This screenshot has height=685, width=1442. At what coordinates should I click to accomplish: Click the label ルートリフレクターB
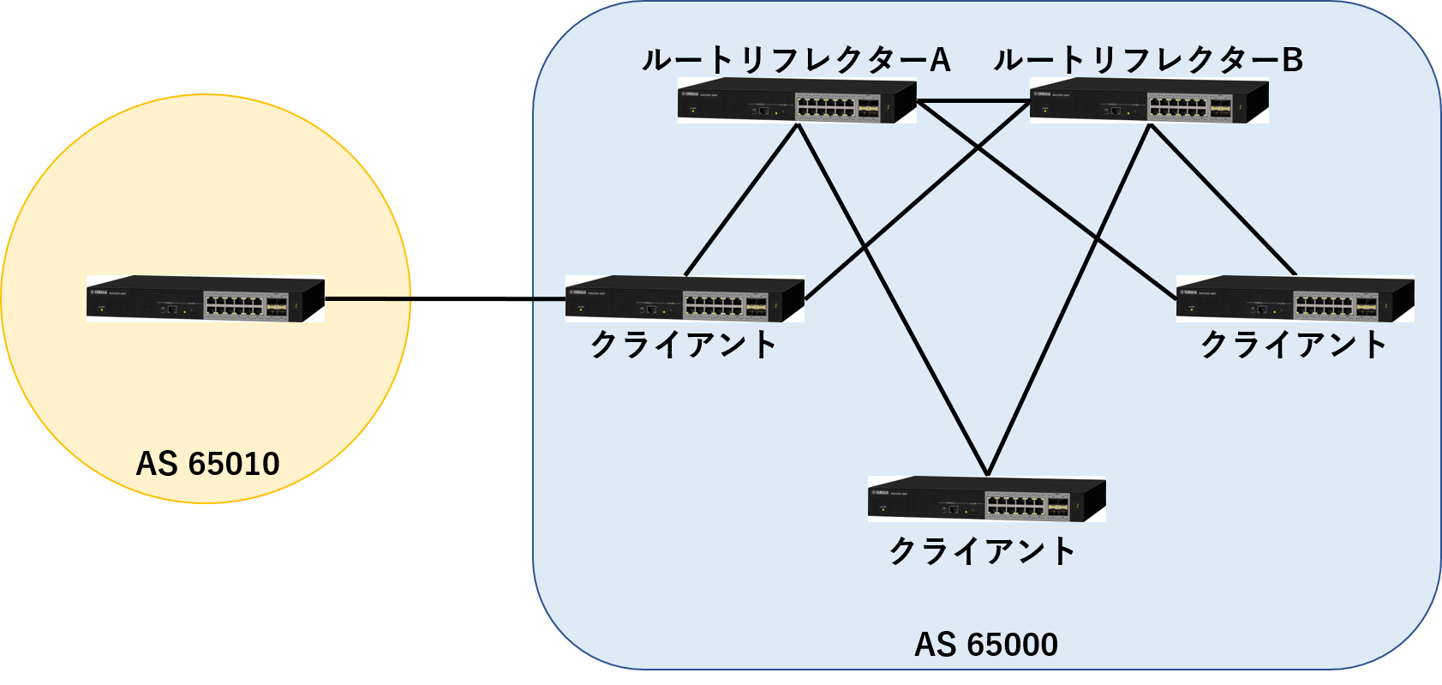1148,60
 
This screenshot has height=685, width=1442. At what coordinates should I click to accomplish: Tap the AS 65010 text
207,464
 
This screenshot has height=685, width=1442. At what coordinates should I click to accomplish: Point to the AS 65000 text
985,645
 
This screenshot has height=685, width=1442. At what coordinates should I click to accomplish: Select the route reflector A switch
797,101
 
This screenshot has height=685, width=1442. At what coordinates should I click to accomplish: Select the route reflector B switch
1149,101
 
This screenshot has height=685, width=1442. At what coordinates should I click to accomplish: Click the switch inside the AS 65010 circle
206,298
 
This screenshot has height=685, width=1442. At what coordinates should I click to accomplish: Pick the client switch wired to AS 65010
685,298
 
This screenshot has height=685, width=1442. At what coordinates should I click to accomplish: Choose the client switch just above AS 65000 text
986,499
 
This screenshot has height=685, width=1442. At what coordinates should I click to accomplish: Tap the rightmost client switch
1295,298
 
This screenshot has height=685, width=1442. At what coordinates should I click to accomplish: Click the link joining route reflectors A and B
973,102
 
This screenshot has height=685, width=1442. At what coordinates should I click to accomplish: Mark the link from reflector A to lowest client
891,300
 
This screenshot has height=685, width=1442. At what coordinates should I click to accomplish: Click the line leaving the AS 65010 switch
368,299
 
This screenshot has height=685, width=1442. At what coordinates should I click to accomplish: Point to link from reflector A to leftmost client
742,200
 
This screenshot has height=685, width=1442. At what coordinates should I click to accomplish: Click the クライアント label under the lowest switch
983,551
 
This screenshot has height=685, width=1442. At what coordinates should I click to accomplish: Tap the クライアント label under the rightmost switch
1294,346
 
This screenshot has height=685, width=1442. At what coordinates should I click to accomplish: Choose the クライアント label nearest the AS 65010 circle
684,346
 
